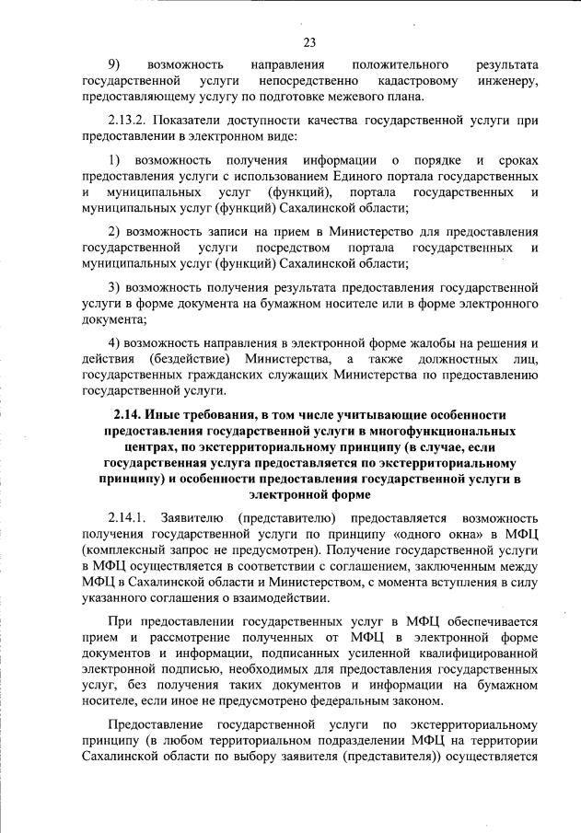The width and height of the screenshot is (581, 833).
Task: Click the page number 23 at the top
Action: [x=309, y=41]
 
